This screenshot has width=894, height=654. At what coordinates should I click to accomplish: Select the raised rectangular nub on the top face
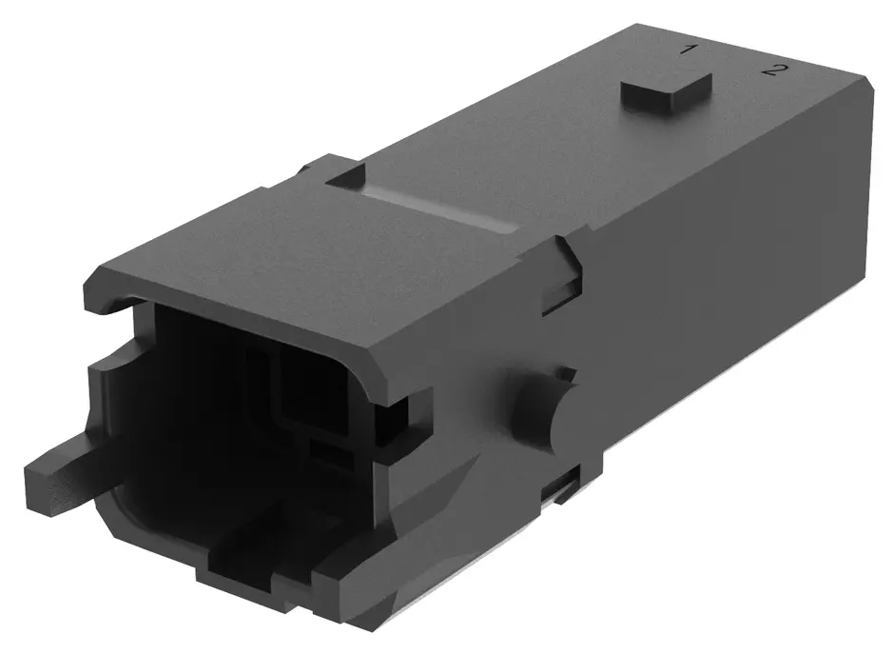pyautogui.click(x=667, y=92)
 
